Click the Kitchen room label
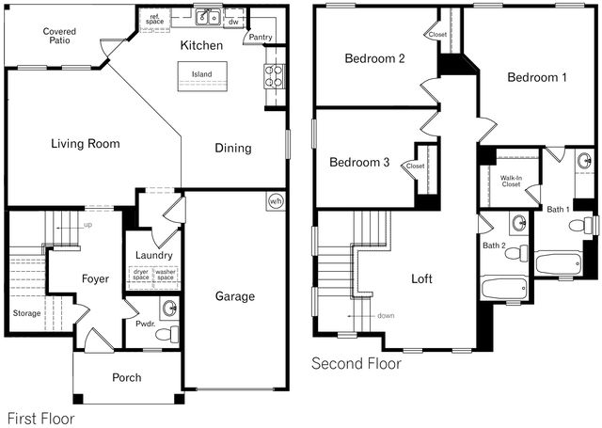point(201,45)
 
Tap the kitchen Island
point(202,76)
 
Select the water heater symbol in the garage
point(276,201)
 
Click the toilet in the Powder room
point(167,334)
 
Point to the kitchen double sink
point(208,17)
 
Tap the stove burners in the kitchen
point(274,76)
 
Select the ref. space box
point(154,20)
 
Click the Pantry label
point(261,38)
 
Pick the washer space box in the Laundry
point(166,277)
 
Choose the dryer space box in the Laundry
point(141,277)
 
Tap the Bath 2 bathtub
point(504,288)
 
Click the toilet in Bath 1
point(581,226)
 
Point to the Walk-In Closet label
point(511,182)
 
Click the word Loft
point(421,278)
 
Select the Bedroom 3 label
point(359,162)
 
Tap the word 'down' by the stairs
point(386,315)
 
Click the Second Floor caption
point(356,363)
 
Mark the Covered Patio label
point(59,36)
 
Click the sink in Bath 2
point(519,222)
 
